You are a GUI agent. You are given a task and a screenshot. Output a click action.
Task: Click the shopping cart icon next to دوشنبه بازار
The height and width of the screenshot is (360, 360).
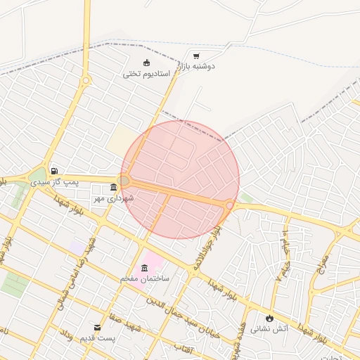pyautogui.click(x=196, y=56)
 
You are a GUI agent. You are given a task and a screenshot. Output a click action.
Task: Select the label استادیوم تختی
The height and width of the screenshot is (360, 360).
pyautogui.click(x=147, y=73)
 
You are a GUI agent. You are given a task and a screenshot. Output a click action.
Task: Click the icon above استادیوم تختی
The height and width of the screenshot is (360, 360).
pyautogui.click(x=146, y=63)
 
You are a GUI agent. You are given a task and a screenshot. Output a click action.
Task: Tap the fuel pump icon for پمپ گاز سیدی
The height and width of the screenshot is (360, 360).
pyautogui.click(x=54, y=171)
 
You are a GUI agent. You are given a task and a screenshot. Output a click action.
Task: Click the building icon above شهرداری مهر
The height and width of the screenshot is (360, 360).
pyautogui.click(x=114, y=187)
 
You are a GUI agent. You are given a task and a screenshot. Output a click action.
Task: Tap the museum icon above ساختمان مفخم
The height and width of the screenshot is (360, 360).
pyautogui.click(x=145, y=268)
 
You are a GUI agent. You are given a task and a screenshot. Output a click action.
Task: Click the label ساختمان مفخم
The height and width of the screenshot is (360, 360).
pyautogui.click(x=146, y=279)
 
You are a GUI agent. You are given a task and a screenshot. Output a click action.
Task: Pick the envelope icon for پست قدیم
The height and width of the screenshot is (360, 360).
pyautogui.click(x=98, y=328)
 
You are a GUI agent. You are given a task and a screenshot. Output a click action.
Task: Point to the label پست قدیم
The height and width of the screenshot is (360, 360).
pyautogui.click(x=98, y=339)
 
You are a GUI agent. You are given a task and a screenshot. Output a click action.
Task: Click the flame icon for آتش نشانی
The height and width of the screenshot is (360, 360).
pyautogui.click(x=269, y=319)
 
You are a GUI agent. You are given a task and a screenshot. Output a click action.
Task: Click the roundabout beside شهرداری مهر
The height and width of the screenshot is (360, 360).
pyautogui.click(x=124, y=181)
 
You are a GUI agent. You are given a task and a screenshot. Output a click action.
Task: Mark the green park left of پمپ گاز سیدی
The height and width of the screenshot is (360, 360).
pyautogui.click(x=37, y=175)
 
